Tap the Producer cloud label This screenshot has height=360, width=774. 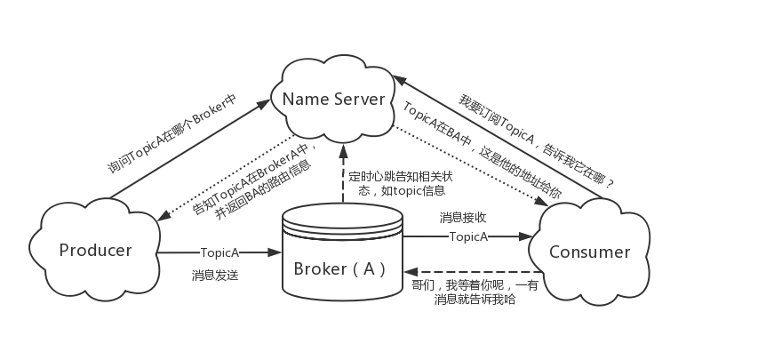click(x=95, y=250)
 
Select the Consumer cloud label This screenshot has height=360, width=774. click(x=589, y=252)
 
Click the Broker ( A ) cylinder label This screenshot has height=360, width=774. click(x=340, y=268)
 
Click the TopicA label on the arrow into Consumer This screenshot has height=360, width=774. click(x=468, y=236)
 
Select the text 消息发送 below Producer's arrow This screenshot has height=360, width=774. click(x=214, y=276)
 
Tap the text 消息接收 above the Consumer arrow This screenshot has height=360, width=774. click(x=463, y=217)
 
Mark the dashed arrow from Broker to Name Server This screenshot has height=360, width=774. click(x=341, y=173)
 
